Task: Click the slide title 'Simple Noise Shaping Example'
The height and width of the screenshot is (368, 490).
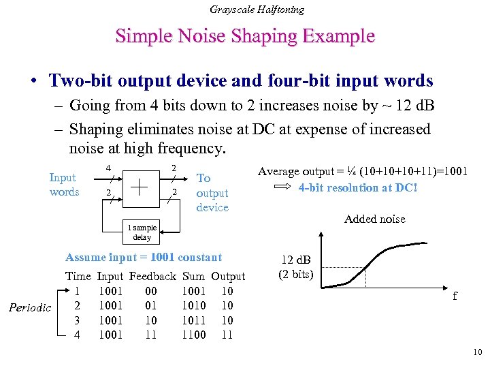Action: tap(245, 35)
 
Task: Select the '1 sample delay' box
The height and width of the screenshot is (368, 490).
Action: tap(142, 232)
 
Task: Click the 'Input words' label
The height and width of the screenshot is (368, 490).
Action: tap(64, 185)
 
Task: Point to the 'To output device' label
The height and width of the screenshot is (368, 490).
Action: tap(212, 192)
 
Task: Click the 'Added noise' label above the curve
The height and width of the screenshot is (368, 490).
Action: tap(374, 219)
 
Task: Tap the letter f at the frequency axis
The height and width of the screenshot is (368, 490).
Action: tap(455, 296)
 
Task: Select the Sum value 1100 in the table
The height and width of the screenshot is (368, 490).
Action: tap(193, 335)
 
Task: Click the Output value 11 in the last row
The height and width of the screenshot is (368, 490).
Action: tap(227, 335)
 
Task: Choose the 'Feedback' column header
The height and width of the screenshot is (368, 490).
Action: tap(152, 277)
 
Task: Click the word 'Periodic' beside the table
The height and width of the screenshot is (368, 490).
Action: tap(30, 308)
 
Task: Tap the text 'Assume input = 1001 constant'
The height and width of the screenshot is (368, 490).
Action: tap(144, 258)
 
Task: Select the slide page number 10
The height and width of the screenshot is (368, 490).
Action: tap(476, 352)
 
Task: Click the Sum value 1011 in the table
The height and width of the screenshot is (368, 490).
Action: tap(193, 320)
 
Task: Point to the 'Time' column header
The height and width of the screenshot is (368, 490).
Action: tap(78, 277)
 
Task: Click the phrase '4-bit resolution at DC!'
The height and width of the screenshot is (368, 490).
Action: tap(358, 187)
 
